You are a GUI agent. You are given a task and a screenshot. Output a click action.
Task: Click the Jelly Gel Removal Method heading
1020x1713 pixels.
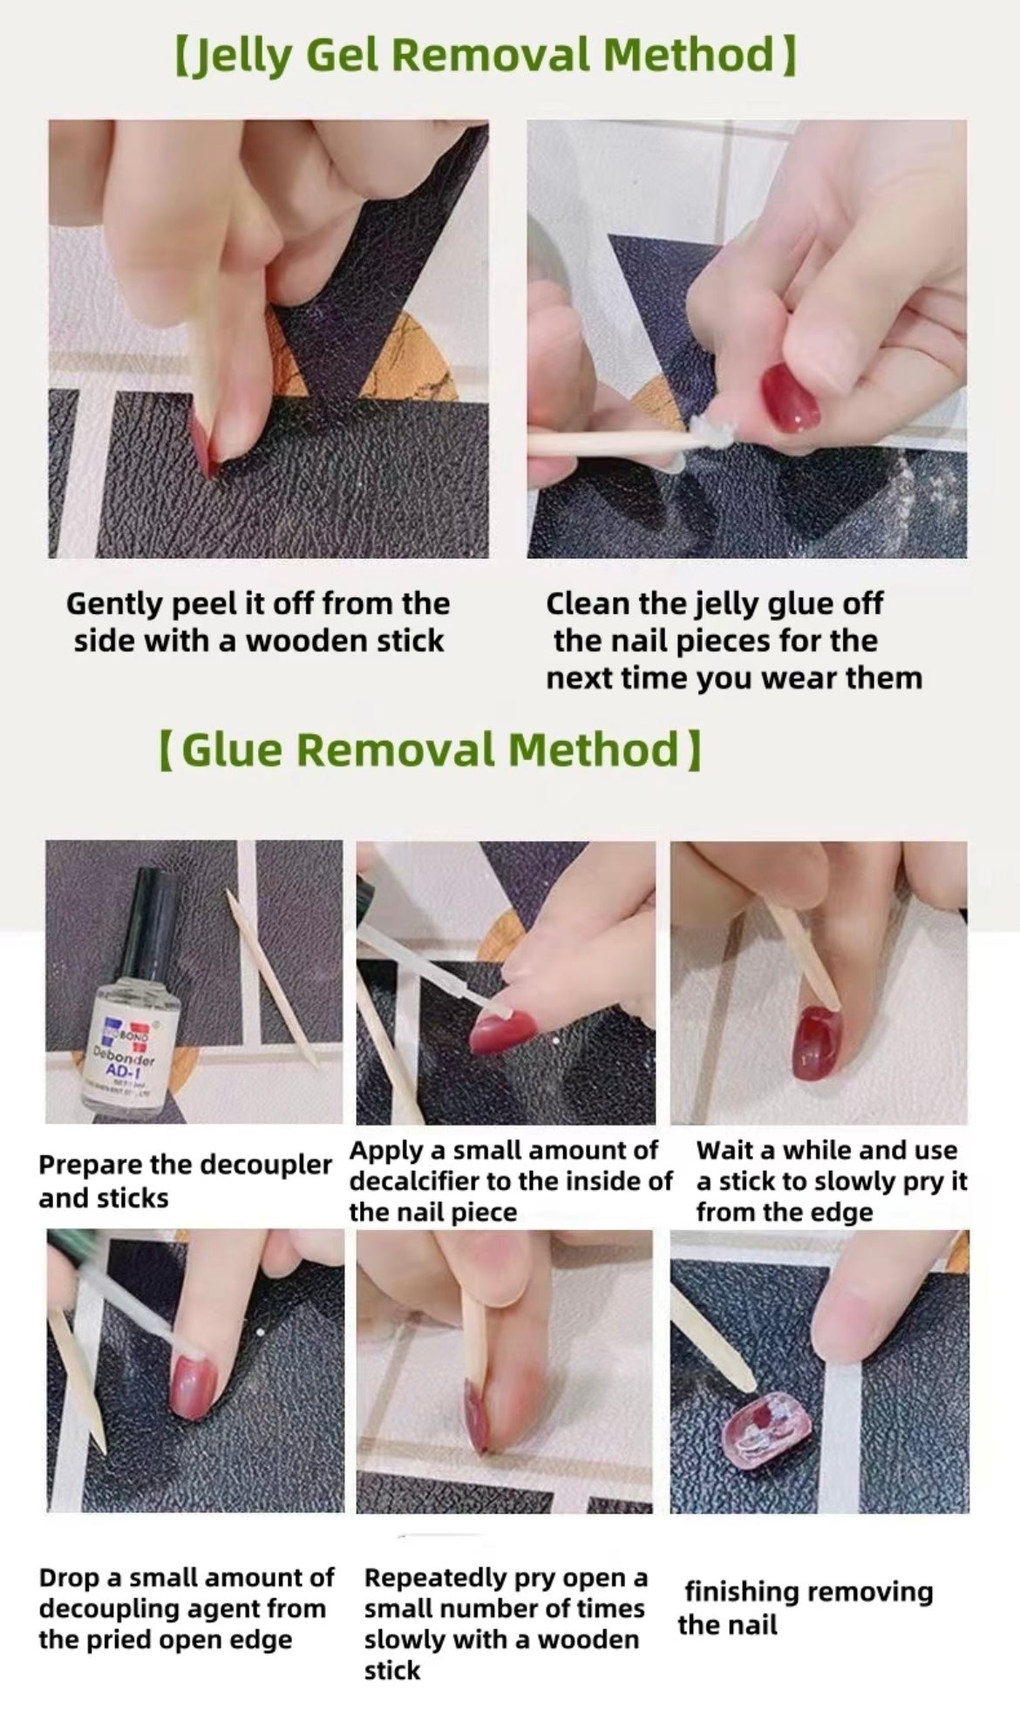(x=486, y=55)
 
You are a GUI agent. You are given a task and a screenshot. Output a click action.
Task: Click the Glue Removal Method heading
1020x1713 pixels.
(x=430, y=749)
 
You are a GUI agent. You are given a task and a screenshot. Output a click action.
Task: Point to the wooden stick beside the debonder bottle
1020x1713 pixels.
(x=272, y=976)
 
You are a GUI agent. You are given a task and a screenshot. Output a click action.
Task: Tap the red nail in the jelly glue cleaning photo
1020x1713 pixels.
(x=791, y=398)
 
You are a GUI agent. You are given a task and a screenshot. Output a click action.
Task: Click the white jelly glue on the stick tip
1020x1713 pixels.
(x=713, y=430)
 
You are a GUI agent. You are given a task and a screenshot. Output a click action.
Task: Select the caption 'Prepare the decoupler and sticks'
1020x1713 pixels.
(x=185, y=1181)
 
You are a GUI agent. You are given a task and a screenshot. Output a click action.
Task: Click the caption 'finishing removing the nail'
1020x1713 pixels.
(x=806, y=1608)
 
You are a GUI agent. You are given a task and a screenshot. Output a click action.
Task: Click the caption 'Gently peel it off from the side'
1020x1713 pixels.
(x=258, y=622)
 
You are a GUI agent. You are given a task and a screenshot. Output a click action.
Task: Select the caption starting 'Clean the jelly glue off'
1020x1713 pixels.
(x=734, y=641)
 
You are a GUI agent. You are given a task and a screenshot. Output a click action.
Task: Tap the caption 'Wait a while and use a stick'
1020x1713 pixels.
(x=832, y=1181)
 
